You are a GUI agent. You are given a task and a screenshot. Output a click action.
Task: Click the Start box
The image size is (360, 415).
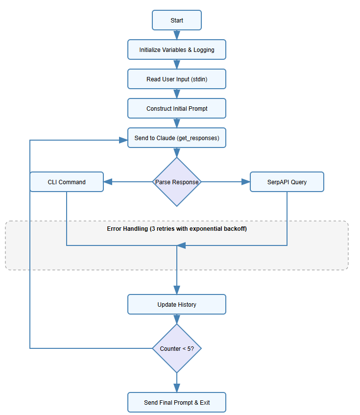[177, 21]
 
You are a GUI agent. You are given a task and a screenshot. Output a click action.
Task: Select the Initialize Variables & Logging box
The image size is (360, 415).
[177, 50]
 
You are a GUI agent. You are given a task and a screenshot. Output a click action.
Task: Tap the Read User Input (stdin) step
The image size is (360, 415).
[177, 79]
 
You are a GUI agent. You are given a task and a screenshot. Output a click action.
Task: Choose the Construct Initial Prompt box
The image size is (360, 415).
[177, 109]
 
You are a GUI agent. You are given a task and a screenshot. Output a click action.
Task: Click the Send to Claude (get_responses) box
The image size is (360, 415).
[177, 138]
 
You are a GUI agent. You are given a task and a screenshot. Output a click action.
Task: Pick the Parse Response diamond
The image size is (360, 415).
[177, 182]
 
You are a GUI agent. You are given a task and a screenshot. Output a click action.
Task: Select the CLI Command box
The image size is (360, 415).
[67, 182]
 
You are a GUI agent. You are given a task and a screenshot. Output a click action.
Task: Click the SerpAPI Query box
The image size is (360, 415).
[287, 182]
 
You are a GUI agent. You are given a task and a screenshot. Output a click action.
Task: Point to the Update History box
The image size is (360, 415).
[177, 304]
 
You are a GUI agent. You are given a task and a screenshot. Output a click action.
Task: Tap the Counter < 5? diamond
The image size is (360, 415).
[177, 348]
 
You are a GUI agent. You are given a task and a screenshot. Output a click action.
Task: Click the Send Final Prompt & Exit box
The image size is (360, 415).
[177, 402]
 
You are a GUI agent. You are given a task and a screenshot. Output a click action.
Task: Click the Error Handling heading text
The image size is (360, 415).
[177, 229]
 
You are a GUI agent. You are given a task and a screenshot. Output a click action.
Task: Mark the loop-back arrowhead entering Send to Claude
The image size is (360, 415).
[123, 140]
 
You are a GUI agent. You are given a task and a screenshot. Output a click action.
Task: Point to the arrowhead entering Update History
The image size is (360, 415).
[177, 290]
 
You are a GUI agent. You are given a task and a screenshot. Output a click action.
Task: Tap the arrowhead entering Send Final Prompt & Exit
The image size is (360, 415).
[177, 388]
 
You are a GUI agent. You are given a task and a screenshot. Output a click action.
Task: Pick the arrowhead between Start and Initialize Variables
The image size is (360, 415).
[177, 35]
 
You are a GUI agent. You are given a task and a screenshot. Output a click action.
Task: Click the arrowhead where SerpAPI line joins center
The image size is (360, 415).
[181, 245]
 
